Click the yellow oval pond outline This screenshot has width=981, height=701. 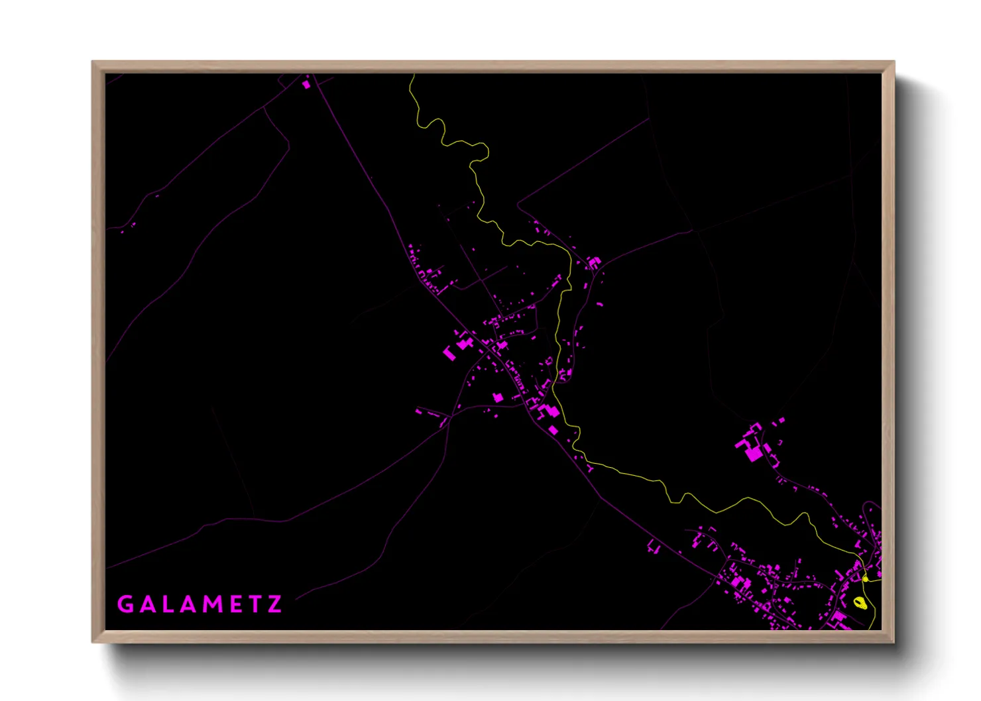(x=860, y=602)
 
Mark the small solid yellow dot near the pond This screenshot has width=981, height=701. (x=865, y=579)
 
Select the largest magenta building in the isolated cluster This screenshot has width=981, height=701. (x=754, y=454)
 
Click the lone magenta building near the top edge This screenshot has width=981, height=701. (x=306, y=84)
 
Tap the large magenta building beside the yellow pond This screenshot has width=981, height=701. (x=840, y=617)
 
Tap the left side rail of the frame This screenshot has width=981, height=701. (x=98, y=351)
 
